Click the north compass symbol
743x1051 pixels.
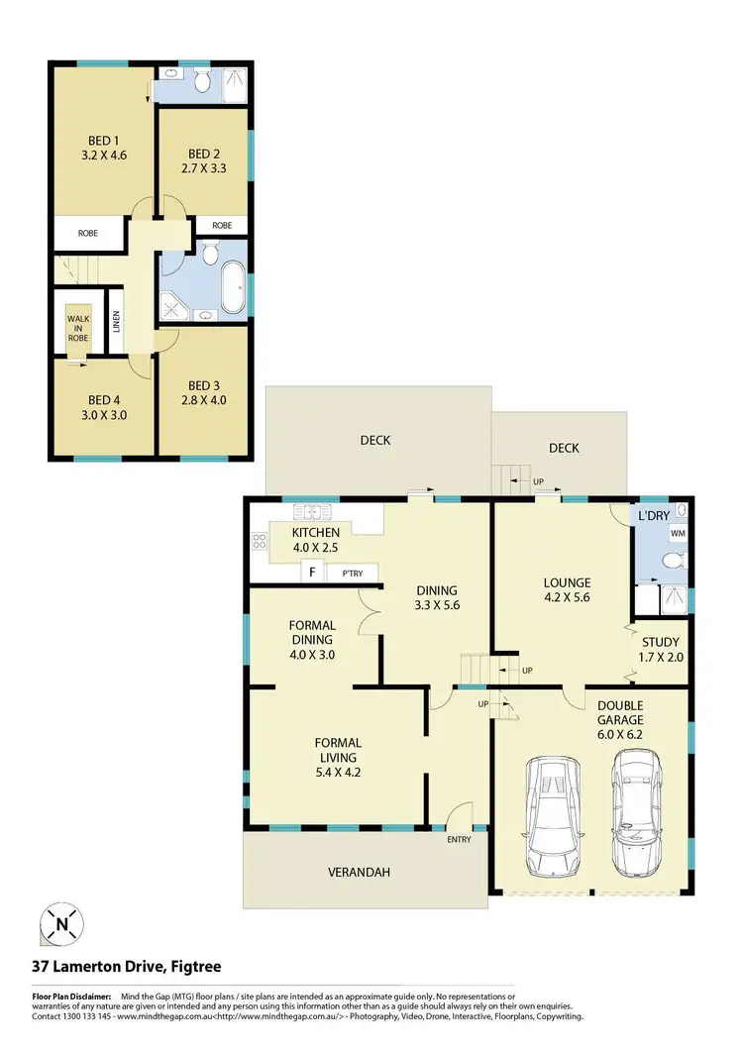[61, 925]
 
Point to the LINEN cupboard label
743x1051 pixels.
[116, 320]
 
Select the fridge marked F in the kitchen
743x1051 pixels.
[313, 573]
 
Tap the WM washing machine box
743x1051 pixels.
[679, 534]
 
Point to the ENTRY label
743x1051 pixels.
[460, 840]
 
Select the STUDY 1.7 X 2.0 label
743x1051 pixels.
[660, 650]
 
